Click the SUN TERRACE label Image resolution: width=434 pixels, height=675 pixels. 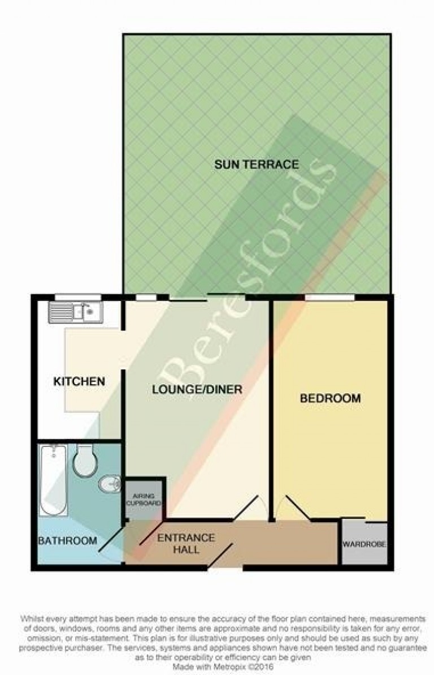coord(257,164)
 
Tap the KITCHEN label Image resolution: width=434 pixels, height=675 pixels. coord(79,381)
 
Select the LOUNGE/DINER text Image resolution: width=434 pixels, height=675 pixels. coord(197,390)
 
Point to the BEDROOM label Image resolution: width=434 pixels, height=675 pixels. coord(331,398)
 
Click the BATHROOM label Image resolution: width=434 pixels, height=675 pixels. coord(68,541)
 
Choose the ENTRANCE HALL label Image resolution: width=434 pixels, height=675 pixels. coord(186,543)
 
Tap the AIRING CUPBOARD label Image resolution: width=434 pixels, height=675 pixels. coord(144,500)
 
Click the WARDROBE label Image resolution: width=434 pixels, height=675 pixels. coord(364,544)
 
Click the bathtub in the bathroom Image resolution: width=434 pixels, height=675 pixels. coord(53,480)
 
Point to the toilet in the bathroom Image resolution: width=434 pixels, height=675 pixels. coord(85,460)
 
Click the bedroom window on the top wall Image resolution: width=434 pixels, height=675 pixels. coord(331,297)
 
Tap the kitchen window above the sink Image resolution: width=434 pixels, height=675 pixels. coord(78,297)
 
